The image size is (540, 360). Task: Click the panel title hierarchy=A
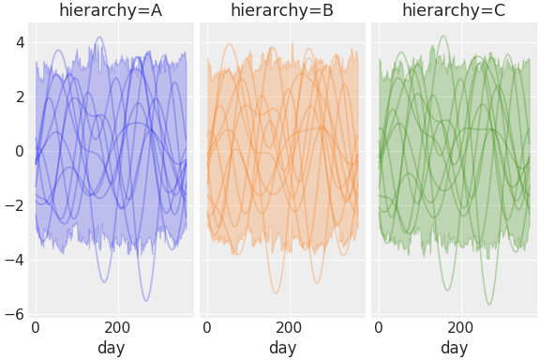click(x=111, y=11)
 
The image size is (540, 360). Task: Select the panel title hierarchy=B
click(x=282, y=11)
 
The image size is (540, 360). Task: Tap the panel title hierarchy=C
click(x=454, y=11)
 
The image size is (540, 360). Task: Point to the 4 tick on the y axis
click(x=18, y=42)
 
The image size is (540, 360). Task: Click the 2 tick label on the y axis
click(x=18, y=97)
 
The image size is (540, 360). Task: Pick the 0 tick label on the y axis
click(x=18, y=151)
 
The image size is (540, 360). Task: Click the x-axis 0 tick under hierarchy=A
click(x=36, y=328)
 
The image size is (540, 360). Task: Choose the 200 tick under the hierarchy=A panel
click(x=117, y=328)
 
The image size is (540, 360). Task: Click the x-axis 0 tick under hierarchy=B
click(x=207, y=328)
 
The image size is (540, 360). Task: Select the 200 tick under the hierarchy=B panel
click(x=289, y=328)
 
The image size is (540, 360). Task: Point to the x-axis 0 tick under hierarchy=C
click(x=379, y=328)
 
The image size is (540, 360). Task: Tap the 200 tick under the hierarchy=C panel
click(x=460, y=328)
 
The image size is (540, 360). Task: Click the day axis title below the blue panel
click(x=111, y=348)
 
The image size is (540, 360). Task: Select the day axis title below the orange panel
click(x=282, y=348)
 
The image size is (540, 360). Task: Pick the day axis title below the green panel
click(x=454, y=348)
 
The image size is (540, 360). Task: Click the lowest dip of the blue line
click(x=146, y=300)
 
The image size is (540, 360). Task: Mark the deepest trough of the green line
click(x=489, y=304)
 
